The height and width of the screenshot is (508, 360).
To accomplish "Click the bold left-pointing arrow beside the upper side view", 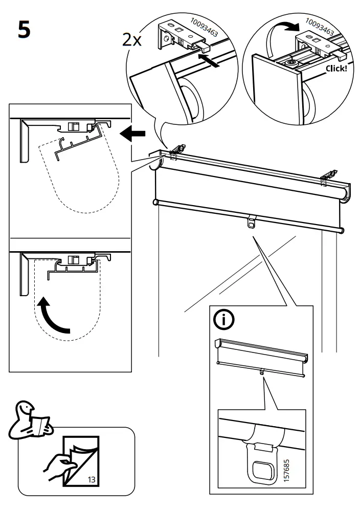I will click(x=132, y=134).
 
